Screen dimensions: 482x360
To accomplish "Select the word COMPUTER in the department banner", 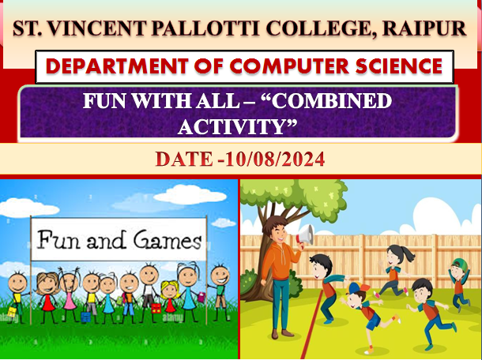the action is (289, 66).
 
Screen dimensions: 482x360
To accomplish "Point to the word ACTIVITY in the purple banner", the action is (237, 126).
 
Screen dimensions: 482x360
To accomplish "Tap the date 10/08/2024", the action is (275, 159).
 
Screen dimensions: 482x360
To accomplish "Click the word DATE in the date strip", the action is (184, 159).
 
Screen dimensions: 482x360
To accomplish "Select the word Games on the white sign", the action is (168, 240).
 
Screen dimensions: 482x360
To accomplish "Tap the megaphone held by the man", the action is (304, 235).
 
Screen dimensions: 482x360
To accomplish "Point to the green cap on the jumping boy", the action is (460, 264).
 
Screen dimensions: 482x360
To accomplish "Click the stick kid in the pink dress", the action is (70, 295).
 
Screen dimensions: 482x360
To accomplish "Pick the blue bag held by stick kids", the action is (86, 317).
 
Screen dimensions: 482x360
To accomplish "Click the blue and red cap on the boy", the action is (357, 287).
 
